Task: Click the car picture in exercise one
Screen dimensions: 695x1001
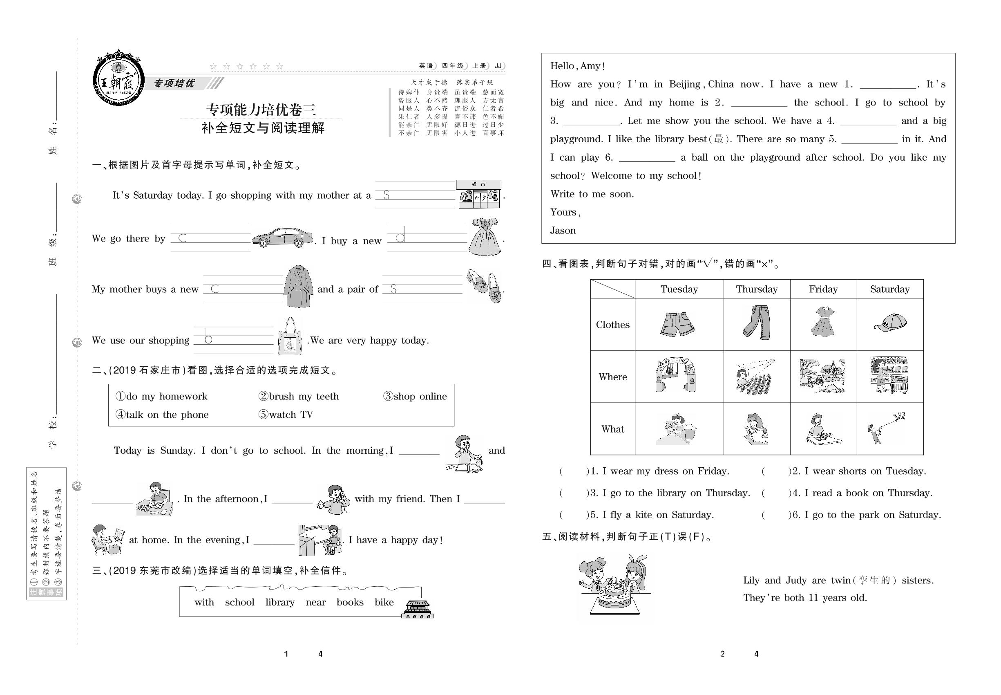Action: click(282, 238)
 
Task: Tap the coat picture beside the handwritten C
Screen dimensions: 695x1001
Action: click(298, 286)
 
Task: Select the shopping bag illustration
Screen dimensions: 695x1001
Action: click(290, 336)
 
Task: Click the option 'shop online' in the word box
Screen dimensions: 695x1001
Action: click(415, 396)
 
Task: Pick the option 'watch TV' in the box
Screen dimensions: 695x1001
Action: click(286, 415)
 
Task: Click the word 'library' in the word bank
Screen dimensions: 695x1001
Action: click(280, 602)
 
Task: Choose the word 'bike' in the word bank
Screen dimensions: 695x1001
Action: click(384, 602)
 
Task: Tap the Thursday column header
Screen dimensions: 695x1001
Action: click(756, 289)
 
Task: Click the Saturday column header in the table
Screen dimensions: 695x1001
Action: click(889, 289)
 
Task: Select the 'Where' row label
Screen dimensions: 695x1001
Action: click(612, 377)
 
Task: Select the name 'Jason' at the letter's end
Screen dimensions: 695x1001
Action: click(563, 230)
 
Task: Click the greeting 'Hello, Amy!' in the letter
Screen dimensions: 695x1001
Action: click(578, 66)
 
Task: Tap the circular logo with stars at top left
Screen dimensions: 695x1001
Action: click(118, 80)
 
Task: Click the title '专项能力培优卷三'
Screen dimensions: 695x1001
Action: click(261, 110)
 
